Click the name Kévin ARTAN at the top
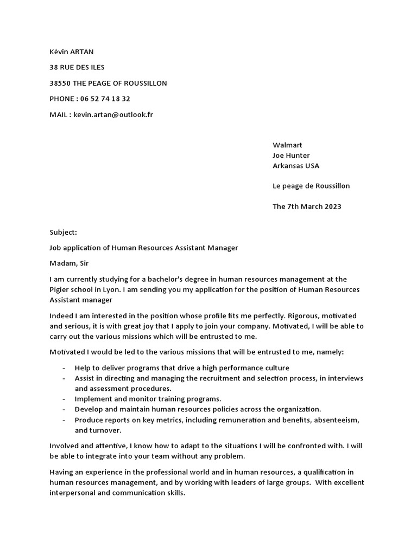[x=71, y=52]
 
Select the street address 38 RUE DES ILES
[x=77, y=68]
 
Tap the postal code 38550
[x=59, y=83]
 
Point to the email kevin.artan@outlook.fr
[x=113, y=115]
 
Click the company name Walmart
[x=287, y=145]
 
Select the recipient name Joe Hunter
[x=291, y=156]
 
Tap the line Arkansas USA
[x=296, y=166]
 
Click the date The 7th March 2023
[x=307, y=206]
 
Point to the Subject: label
[x=64, y=233]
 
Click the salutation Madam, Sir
[x=68, y=263]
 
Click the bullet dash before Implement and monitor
[x=64, y=399]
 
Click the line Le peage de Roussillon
[x=311, y=186]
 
